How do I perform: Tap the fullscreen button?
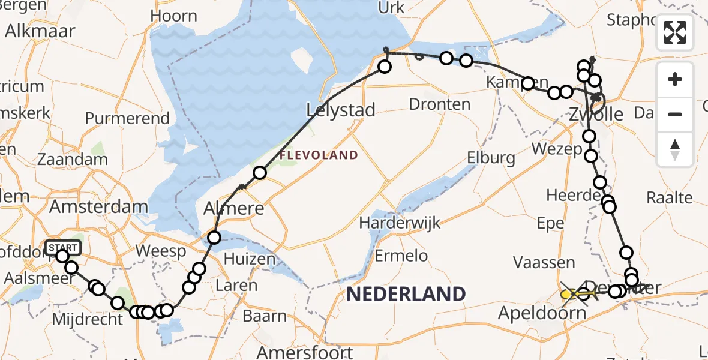click(x=675, y=32)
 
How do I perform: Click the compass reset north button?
click(x=675, y=149)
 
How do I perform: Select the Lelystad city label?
click(x=340, y=110)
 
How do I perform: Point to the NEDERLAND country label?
click(x=406, y=294)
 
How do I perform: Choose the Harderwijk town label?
click(x=400, y=223)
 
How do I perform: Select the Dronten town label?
click(x=439, y=104)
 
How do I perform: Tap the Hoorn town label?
click(x=174, y=16)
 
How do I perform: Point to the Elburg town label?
click(x=493, y=158)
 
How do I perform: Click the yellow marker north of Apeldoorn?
click(x=567, y=294)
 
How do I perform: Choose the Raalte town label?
click(x=670, y=197)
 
